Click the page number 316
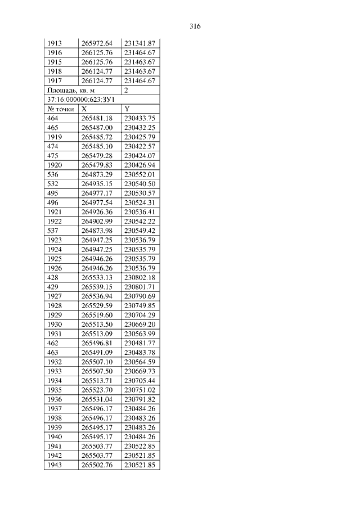[195, 26]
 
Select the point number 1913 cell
[55, 43]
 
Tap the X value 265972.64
[97, 43]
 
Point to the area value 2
[127, 90]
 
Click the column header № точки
[61, 109]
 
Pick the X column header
[84, 109]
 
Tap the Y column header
[127, 109]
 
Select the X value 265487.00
[97, 128]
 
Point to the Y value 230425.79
[139, 137]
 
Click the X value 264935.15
[97, 184]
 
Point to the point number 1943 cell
[55, 465]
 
